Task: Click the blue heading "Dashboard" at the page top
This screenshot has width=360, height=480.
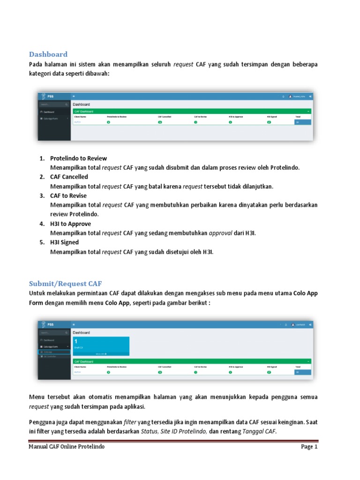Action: (48, 54)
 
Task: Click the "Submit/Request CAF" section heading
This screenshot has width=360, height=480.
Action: (65, 284)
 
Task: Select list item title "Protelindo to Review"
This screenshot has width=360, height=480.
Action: (78, 158)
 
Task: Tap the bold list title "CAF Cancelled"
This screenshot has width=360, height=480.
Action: (69, 177)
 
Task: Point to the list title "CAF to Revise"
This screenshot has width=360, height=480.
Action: (68, 196)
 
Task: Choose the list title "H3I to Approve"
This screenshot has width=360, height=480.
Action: (70, 224)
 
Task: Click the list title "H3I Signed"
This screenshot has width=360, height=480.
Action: (64, 242)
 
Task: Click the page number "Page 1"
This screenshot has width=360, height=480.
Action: (309, 447)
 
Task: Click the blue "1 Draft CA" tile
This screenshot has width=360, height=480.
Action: (101, 345)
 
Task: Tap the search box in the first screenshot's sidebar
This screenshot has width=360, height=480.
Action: (53, 104)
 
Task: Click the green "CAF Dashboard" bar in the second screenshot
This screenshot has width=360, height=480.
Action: (192, 361)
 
